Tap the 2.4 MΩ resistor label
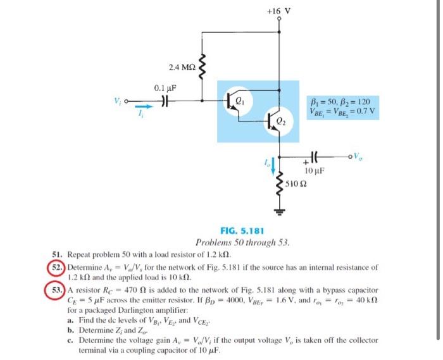click(182, 66)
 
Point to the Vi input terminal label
click(117, 101)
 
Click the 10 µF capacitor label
click(315, 171)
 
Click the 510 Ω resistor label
click(296, 184)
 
